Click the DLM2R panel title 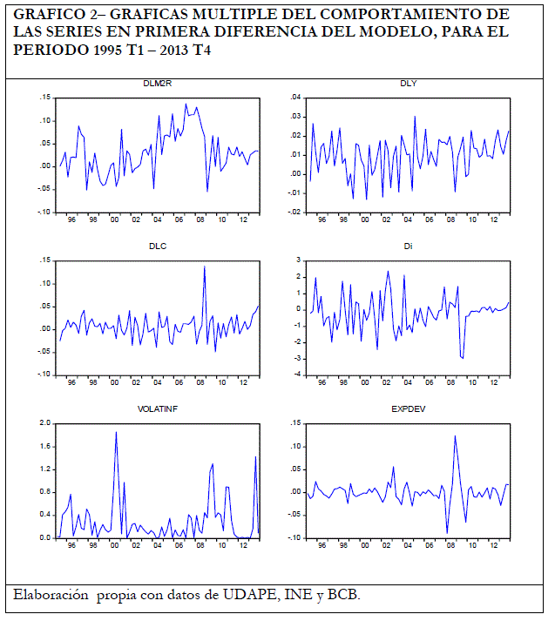click(158, 84)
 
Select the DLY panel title click(408, 84)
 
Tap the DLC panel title click(158, 246)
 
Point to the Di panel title click(408, 246)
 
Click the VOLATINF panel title click(158, 408)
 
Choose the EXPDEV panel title click(408, 408)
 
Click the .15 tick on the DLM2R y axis click(45, 98)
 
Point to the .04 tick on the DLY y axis click(295, 98)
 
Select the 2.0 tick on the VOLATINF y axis click(44, 423)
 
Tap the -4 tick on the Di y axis click(297, 375)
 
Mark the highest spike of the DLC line click(204, 267)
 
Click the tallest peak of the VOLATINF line click(116, 432)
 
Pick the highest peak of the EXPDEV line click(455, 435)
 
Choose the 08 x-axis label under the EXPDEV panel click(451, 547)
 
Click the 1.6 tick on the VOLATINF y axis click(44, 446)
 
